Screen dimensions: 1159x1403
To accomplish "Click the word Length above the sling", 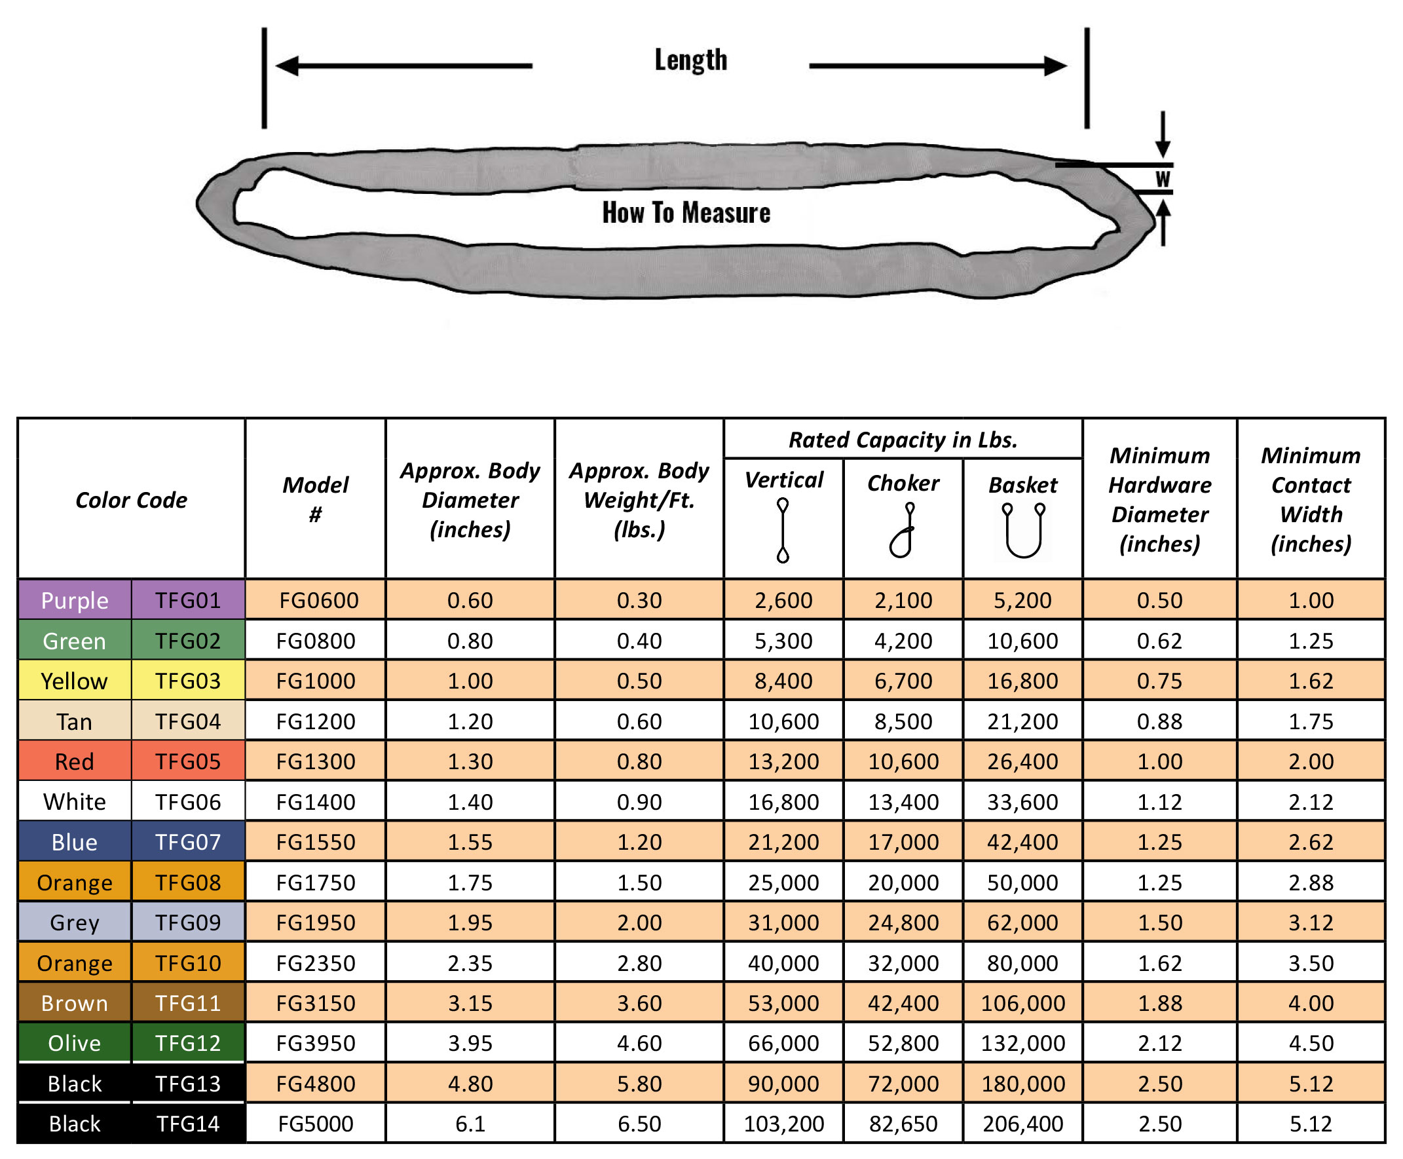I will [x=690, y=60].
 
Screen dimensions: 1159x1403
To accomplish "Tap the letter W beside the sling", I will [x=1162, y=179].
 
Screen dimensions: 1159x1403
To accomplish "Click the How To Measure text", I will [x=686, y=213].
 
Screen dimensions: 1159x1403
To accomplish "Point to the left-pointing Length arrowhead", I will [x=287, y=66].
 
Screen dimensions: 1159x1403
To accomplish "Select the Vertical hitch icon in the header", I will [x=782, y=530].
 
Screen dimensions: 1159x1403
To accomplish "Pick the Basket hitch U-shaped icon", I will [x=1022, y=530].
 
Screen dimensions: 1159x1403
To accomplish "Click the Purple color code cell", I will [x=74, y=600].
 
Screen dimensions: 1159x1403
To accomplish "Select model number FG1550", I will [x=315, y=842].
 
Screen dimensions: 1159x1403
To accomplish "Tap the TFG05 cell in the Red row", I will [x=187, y=761].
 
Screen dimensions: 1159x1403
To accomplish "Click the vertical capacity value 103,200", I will [x=783, y=1124].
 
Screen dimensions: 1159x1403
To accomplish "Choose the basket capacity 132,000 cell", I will [x=1022, y=1043].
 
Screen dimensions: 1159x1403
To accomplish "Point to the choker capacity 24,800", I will [x=903, y=922].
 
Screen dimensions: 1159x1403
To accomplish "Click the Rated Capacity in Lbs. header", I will [x=903, y=440].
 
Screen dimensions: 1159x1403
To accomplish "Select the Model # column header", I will [x=315, y=499].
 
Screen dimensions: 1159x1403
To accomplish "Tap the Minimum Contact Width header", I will [x=1310, y=499].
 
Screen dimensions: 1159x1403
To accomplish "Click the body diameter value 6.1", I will [x=470, y=1124].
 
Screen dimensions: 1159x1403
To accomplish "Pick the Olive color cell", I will [x=74, y=1043].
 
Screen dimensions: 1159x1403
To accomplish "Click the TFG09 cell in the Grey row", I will [x=187, y=922].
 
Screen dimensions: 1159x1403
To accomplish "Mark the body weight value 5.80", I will [x=639, y=1084].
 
